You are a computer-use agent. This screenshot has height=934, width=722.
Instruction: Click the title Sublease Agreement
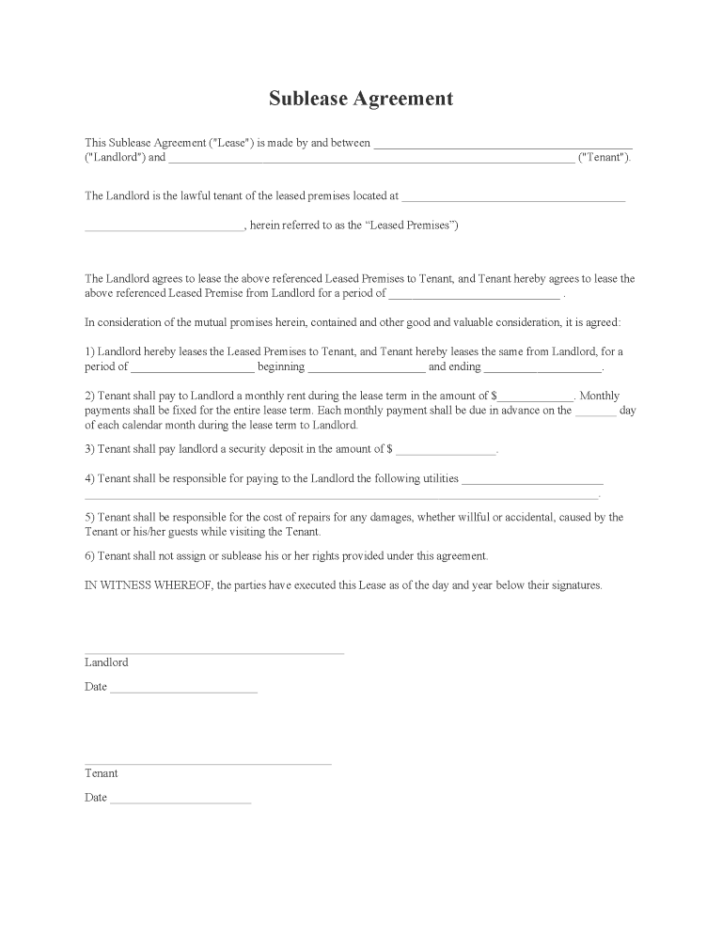click(x=361, y=99)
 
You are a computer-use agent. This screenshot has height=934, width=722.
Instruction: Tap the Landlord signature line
click(x=214, y=651)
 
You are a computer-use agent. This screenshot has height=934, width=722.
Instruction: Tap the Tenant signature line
click(x=208, y=763)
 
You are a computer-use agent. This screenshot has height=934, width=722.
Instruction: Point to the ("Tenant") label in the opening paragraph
click(x=604, y=158)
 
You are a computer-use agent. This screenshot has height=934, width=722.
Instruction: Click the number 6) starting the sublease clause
click(x=90, y=555)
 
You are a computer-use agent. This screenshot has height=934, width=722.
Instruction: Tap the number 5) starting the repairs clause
click(x=90, y=517)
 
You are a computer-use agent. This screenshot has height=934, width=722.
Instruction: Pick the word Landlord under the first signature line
click(x=106, y=662)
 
